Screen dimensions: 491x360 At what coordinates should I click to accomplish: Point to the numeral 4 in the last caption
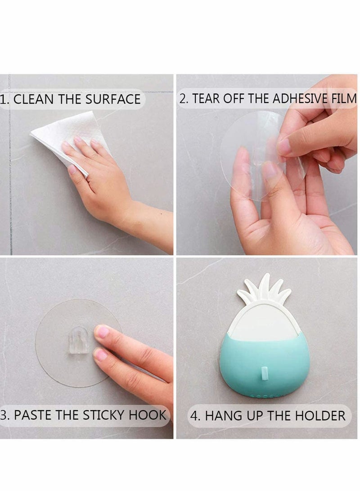(x=194, y=415)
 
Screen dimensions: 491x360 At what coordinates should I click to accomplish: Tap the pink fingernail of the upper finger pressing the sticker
(x=101, y=332)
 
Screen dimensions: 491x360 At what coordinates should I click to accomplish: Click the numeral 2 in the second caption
(x=183, y=99)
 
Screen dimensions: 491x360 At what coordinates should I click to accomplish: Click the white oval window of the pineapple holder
(x=264, y=322)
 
